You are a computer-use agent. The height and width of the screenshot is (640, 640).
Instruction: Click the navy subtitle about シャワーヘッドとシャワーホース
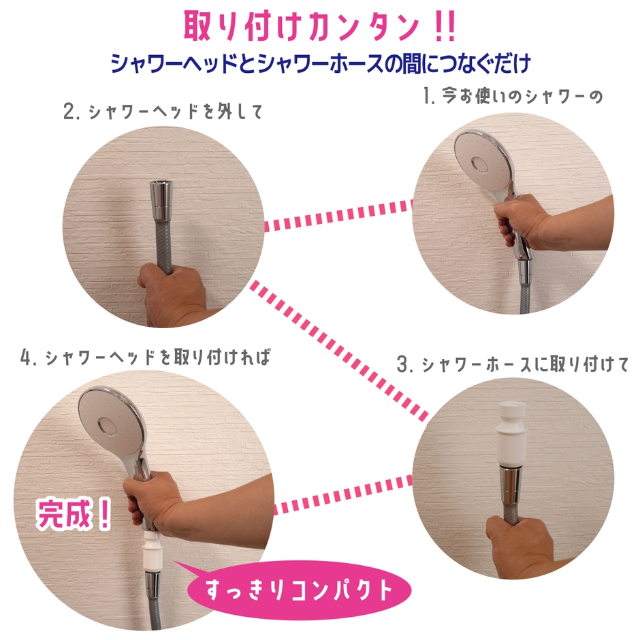point(320,65)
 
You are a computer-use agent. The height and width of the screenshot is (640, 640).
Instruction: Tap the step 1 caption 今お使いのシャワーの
point(513,97)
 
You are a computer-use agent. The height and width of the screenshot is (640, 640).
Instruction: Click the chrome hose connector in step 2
point(161,202)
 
